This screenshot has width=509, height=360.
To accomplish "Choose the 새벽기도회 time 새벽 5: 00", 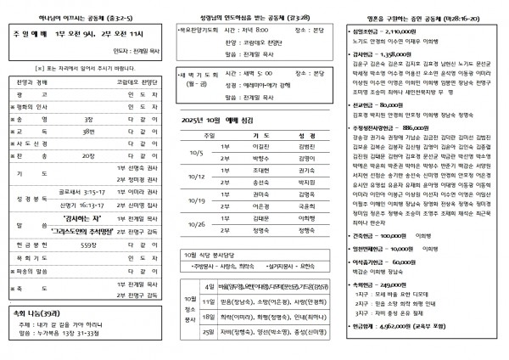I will (246, 74).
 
